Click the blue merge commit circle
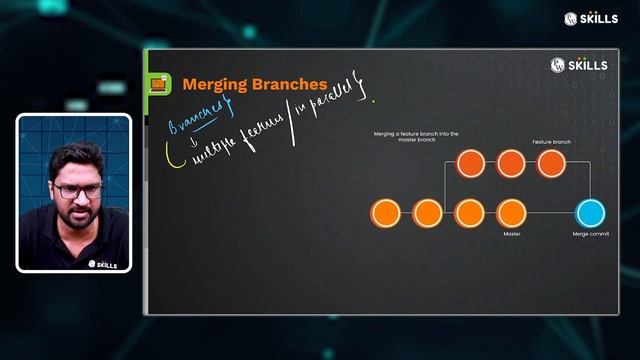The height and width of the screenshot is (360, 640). coord(591,212)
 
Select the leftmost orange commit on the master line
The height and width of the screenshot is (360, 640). coord(385,212)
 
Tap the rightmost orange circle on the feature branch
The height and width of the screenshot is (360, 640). coord(551,162)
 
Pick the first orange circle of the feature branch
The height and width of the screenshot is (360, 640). coord(469,162)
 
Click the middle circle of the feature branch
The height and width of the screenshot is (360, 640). coord(510,162)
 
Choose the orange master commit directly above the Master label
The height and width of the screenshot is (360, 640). coord(511,212)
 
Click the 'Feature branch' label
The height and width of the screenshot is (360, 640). coord(551,142)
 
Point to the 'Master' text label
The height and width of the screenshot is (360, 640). coord(511,234)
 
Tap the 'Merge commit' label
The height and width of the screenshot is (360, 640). coord(591,234)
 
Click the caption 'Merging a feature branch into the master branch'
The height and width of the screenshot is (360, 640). coord(405,136)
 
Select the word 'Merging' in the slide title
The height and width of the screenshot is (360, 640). coord(212,84)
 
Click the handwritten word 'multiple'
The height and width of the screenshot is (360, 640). coord(207,151)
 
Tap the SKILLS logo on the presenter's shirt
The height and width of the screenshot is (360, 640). coord(103,264)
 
